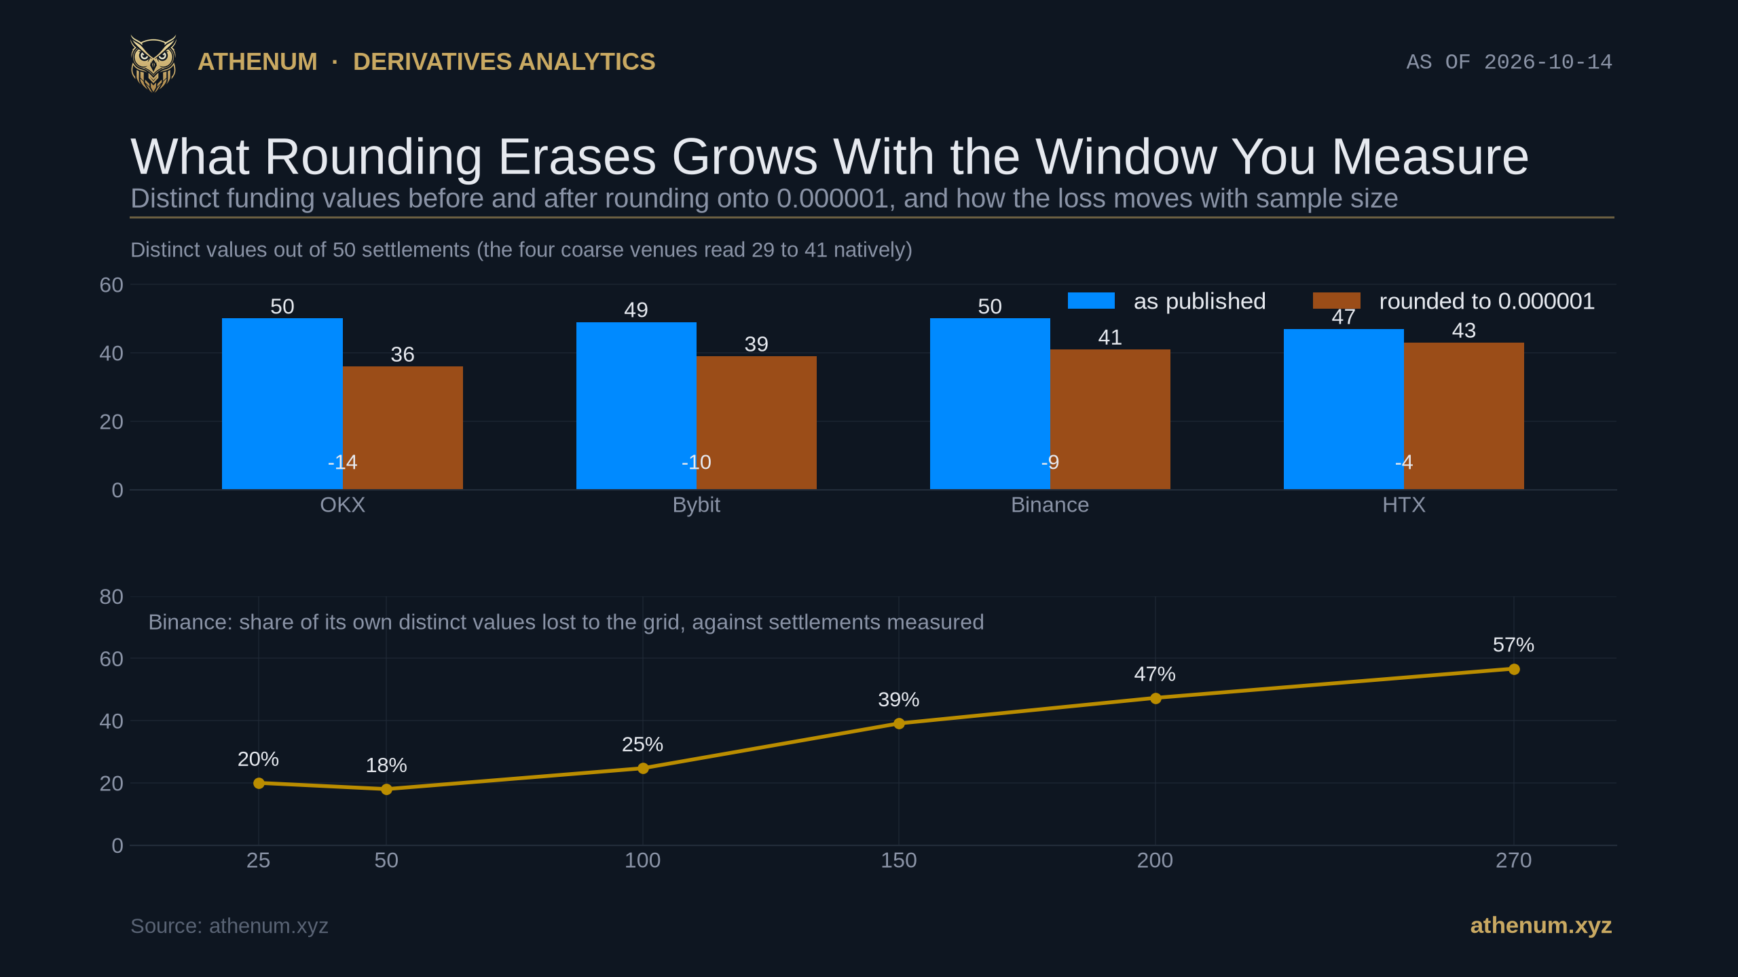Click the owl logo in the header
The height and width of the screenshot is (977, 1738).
pos(153,63)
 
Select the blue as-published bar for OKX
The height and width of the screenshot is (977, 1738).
pos(282,404)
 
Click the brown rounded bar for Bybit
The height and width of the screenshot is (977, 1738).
pos(756,423)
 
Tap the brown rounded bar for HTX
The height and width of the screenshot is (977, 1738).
pos(1464,416)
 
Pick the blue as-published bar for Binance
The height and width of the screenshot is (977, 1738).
pos(990,404)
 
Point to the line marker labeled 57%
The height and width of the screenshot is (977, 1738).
pos(1514,669)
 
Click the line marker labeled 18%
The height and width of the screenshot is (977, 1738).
pos(386,789)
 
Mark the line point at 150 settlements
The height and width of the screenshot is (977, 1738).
pos(899,724)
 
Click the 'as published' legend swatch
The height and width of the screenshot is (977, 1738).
pos(1091,301)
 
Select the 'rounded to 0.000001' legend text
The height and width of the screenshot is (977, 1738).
pos(1487,301)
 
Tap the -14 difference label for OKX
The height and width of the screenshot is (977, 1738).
pos(342,462)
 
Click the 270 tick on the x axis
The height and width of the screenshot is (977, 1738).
pos(1513,860)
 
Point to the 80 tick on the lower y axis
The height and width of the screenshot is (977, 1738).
pos(111,596)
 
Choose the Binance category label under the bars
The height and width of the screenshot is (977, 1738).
pos(1050,505)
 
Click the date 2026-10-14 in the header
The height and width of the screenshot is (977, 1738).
pos(1548,62)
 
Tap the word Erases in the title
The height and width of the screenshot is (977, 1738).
pos(577,157)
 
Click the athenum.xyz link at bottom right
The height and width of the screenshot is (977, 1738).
pos(1540,925)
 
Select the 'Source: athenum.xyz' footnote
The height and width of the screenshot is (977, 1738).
pos(229,926)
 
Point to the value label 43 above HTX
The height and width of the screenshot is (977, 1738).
pos(1464,330)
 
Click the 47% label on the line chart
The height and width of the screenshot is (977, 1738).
pos(1155,674)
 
